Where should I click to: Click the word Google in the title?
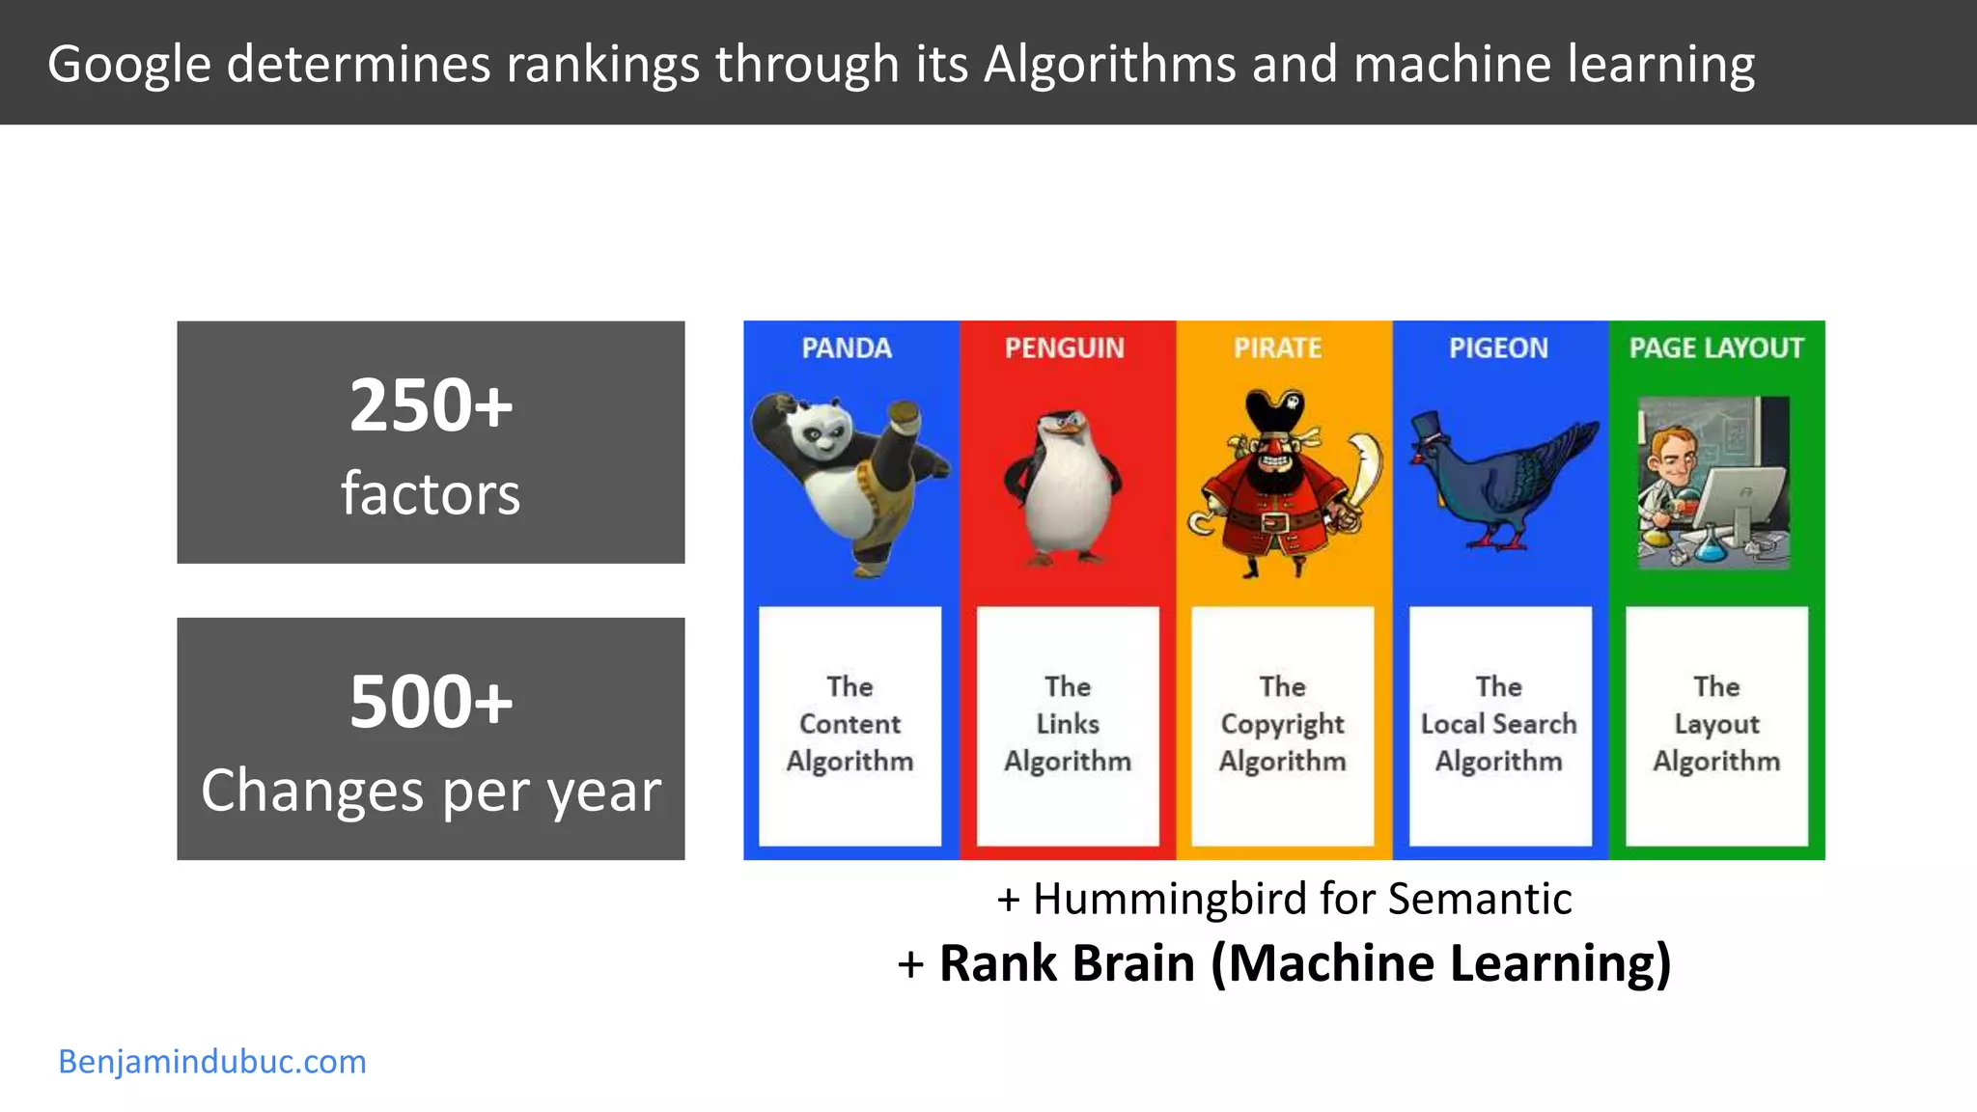128,66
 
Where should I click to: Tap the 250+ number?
431,405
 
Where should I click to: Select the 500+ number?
431,702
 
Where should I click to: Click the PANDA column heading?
847,347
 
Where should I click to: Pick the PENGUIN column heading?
1065,347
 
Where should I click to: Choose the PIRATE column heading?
1277,347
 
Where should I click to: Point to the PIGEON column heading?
1498,347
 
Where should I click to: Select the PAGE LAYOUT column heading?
1716,347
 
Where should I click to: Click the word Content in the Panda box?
849,724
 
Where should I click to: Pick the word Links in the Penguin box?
1068,724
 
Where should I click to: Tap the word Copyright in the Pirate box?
1282,724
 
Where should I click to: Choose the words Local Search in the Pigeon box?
1498,724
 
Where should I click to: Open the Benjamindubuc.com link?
212,1062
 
